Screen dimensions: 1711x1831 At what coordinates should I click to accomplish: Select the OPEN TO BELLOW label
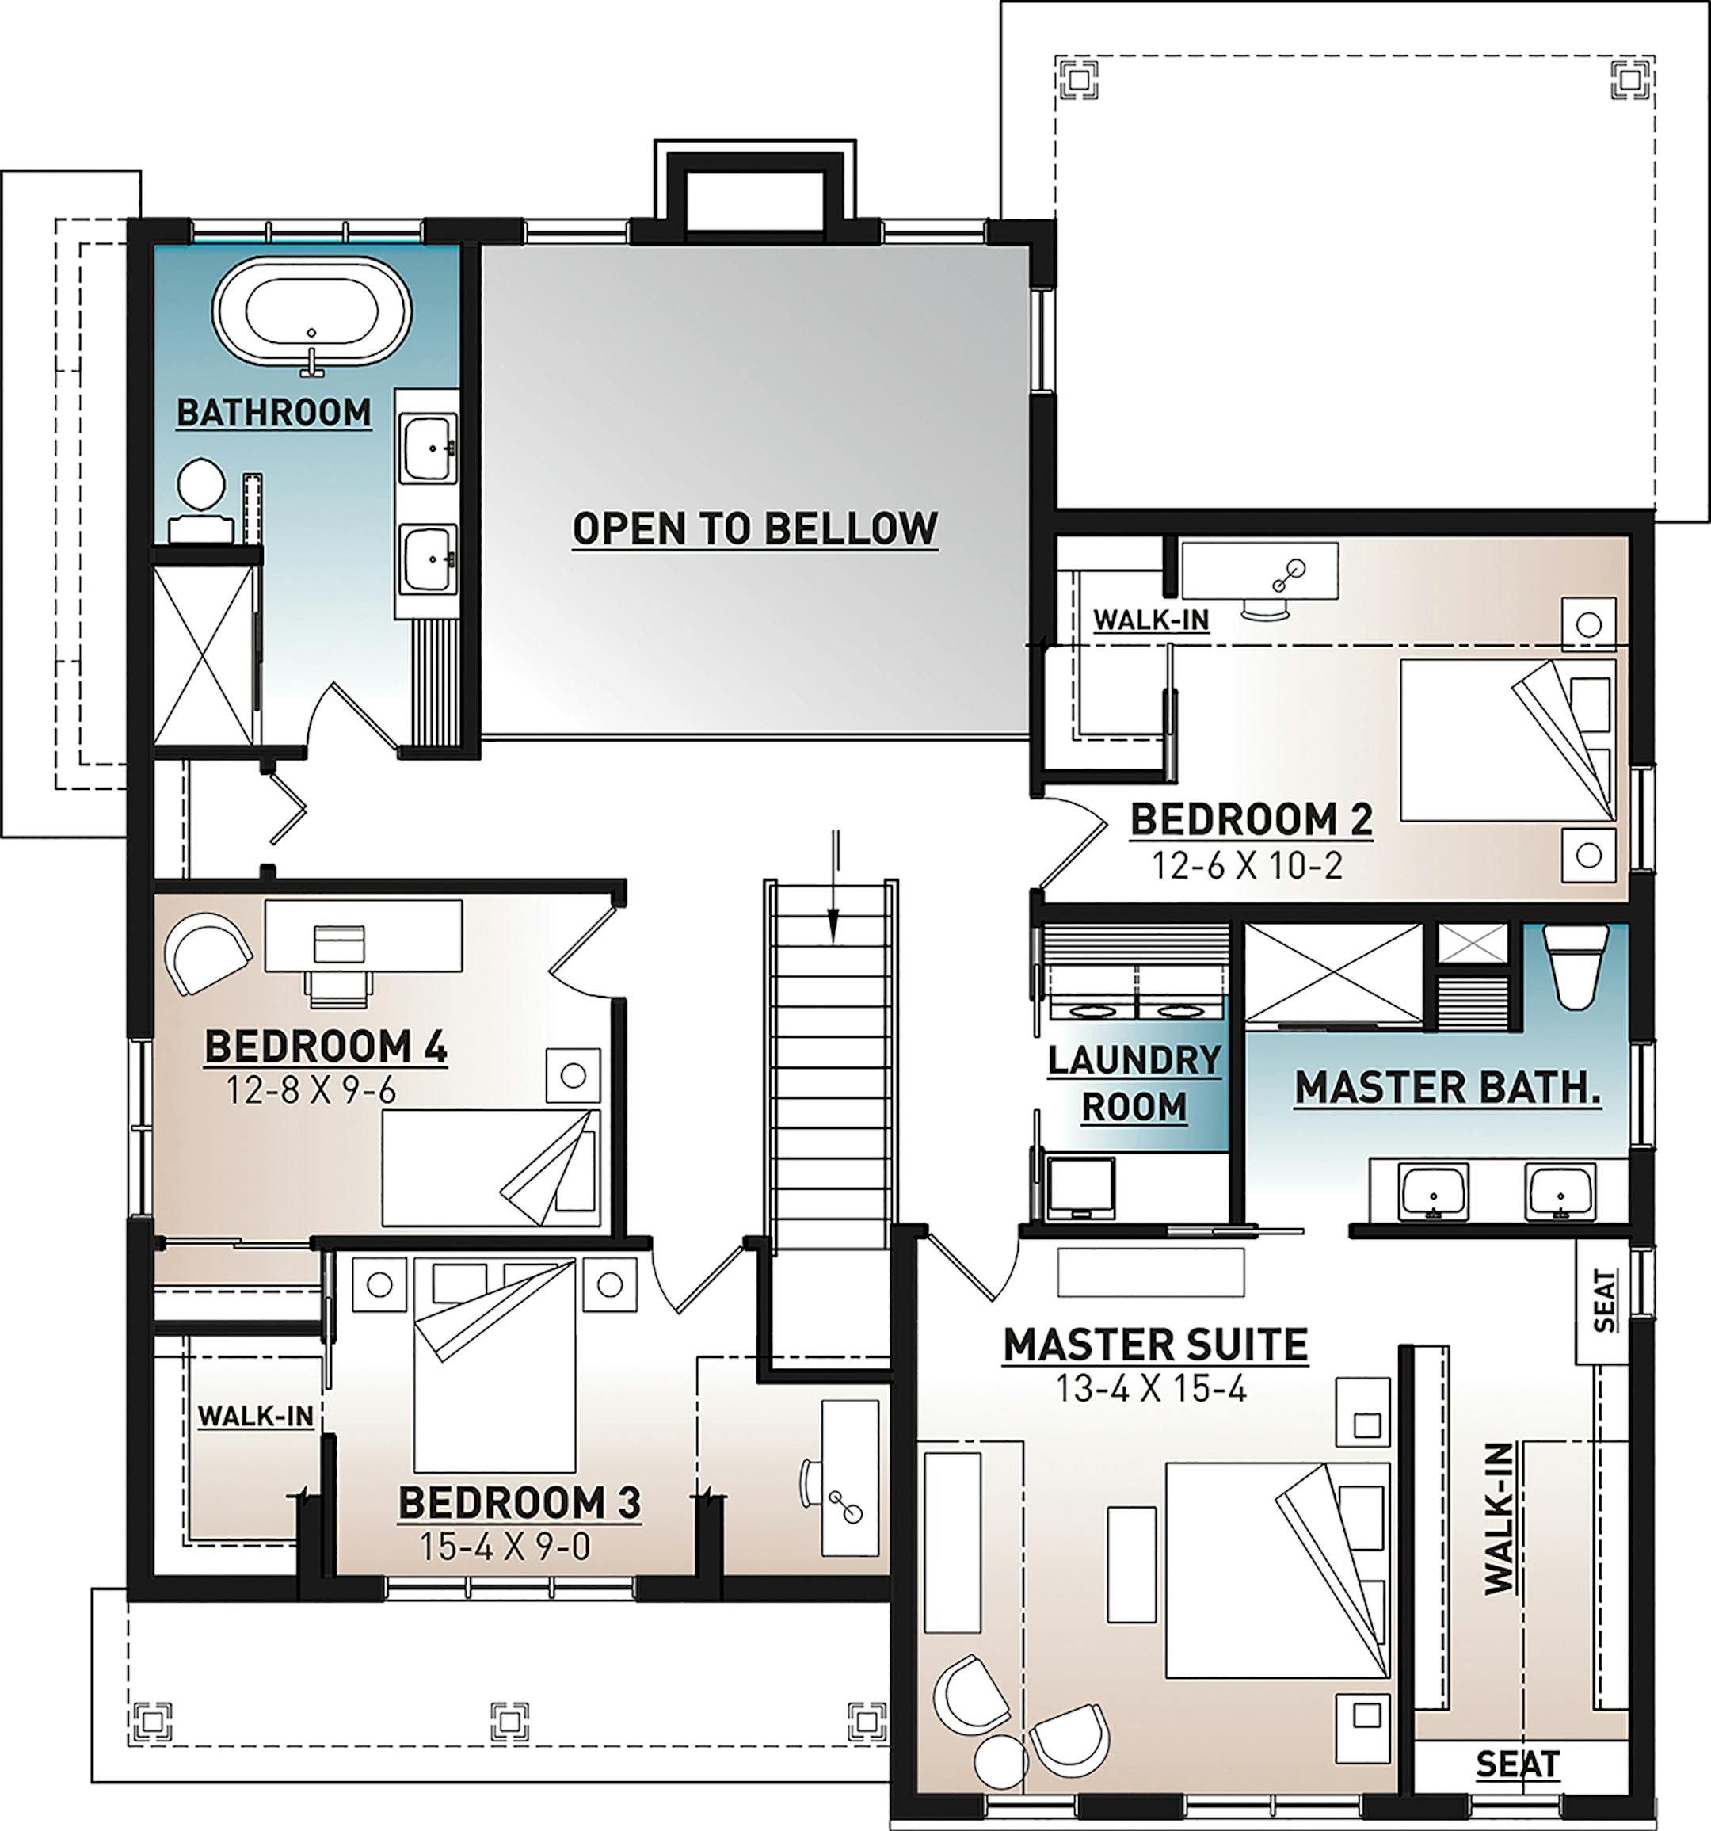tap(755, 528)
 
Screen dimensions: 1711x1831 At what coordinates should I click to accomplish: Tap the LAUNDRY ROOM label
tap(1134, 1083)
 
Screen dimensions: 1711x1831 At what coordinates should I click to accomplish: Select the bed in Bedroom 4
tap(491, 1168)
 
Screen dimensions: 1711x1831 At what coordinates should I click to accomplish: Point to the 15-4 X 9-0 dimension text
tap(505, 1547)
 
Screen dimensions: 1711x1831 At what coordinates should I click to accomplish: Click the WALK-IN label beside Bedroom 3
tap(256, 1416)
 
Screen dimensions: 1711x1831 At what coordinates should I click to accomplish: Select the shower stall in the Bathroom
tap(204, 655)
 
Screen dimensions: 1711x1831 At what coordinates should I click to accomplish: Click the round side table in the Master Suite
tap(1001, 1762)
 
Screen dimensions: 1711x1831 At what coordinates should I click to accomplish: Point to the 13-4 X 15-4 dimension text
tap(1151, 1388)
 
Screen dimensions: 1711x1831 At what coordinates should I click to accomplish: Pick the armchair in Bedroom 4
tap(208, 953)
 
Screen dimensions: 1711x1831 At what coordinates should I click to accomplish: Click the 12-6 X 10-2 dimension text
tap(1248, 865)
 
